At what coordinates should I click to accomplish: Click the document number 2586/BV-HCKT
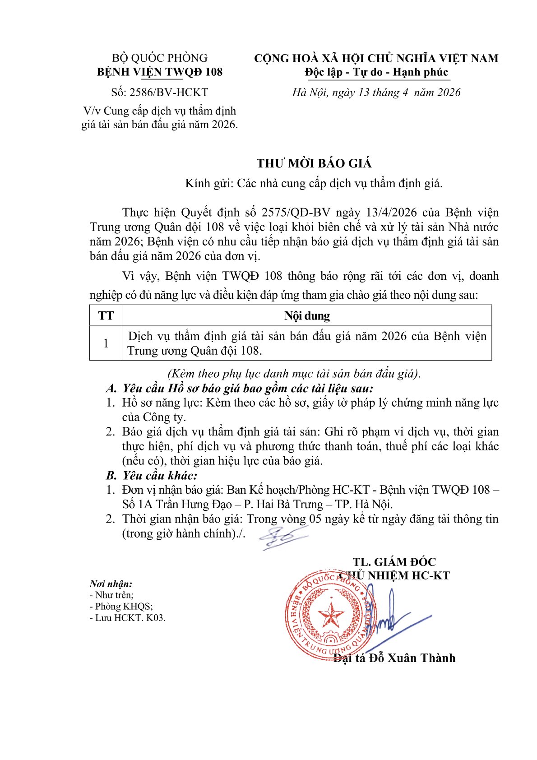[169, 93]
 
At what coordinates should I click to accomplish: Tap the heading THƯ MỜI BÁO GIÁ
[314, 163]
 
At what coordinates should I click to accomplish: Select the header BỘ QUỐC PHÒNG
[160, 58]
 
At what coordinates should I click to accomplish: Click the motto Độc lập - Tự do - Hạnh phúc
[376, 72]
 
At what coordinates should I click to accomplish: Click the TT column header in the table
[106, 315]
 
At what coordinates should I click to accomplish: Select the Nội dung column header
[307, 315]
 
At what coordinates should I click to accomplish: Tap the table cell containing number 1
[106, 343]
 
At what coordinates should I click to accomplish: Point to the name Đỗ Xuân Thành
[412, 658]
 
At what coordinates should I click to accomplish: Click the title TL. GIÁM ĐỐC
[394, 562]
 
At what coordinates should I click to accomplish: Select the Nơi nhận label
[111, 584]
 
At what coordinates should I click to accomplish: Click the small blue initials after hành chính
[282, 537]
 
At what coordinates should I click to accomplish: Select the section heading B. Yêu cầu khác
[152, 475]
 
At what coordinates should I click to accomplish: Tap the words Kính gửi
[208, 183]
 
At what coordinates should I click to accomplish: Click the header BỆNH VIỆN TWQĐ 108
[160, 72]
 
